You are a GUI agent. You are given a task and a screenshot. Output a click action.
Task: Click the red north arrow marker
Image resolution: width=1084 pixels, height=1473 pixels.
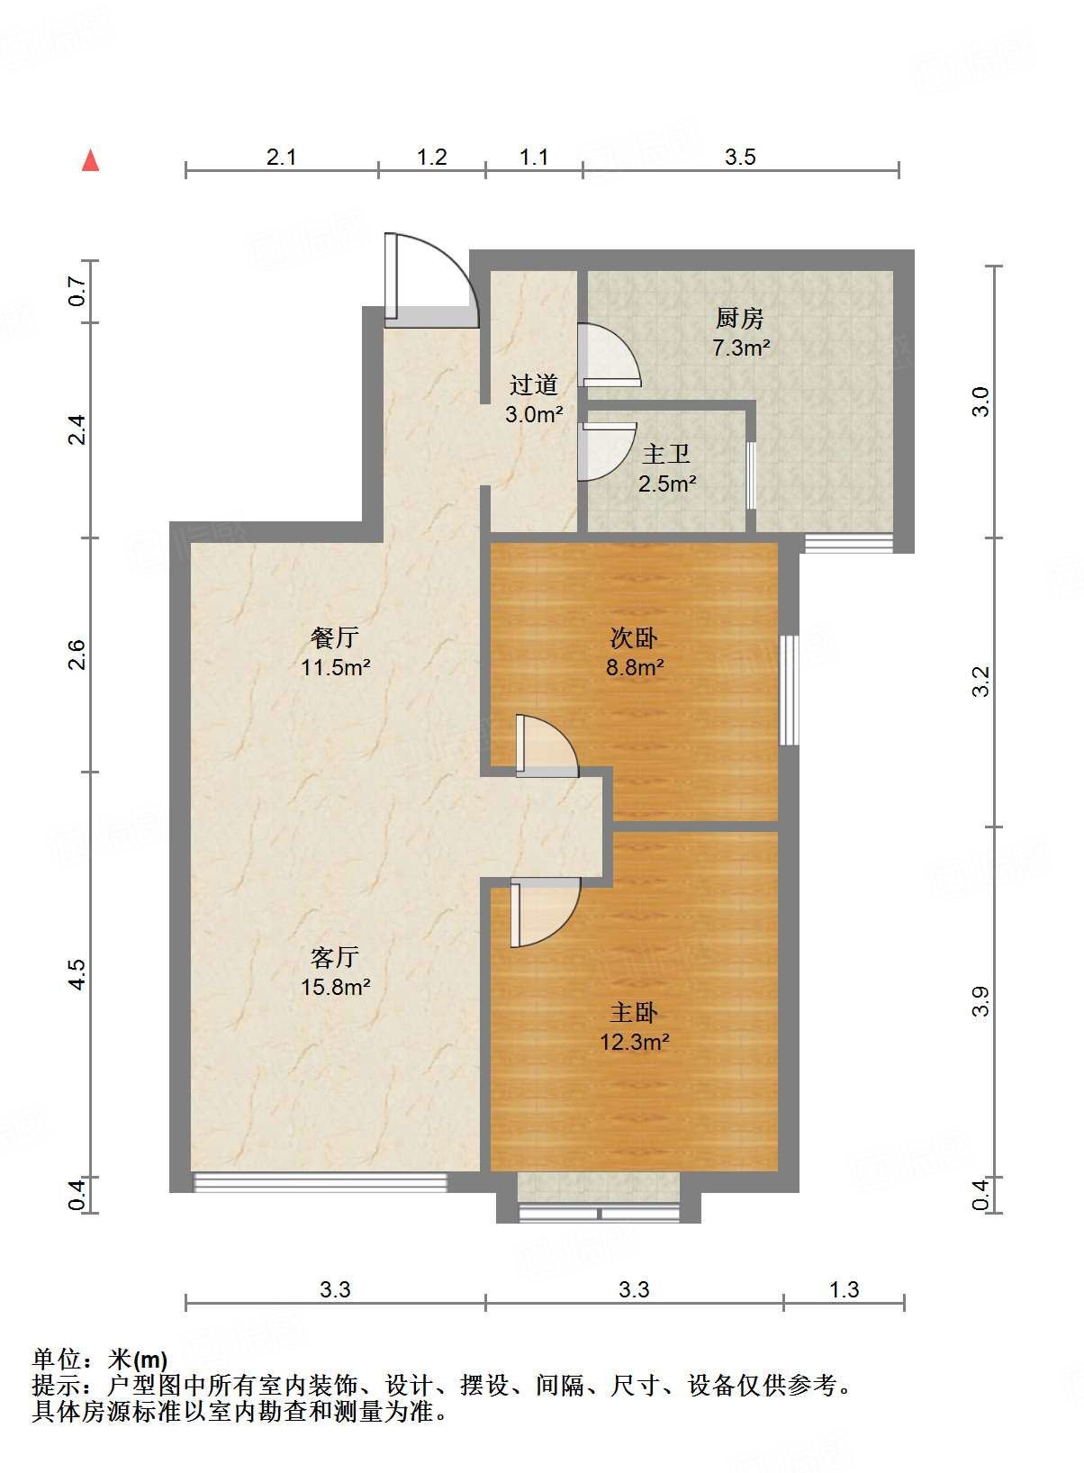click(90, 160)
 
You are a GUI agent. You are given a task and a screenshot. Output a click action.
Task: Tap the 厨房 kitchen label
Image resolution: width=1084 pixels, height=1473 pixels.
click(739, 318)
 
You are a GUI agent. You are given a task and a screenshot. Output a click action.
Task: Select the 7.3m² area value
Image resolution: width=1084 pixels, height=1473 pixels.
click(741, 348)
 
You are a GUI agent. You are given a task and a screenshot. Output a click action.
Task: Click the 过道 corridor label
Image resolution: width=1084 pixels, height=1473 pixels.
click(534, 385)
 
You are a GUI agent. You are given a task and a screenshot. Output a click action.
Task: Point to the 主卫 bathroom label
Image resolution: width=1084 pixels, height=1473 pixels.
click(666, 454)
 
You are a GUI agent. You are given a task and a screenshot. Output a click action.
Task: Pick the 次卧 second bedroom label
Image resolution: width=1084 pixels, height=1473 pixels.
click(634, 638)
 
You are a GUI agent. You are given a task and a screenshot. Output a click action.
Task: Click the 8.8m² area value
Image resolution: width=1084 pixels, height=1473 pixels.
click(635, 667)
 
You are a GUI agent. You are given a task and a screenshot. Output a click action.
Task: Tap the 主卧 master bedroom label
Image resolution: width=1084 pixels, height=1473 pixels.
click(634, 1013)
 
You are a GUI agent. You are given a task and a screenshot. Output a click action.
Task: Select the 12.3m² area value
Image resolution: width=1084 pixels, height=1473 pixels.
click(635, 1043)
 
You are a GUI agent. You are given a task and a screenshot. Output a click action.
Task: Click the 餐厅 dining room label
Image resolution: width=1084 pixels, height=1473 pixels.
click(334, 638)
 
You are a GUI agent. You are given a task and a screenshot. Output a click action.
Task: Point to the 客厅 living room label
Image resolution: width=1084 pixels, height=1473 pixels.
click(335, 956)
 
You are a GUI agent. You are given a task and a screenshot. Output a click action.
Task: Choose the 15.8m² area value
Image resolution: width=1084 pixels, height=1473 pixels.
click(336, 987)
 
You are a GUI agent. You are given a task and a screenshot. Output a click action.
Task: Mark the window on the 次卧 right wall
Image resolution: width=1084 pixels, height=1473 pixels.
click(789, 690)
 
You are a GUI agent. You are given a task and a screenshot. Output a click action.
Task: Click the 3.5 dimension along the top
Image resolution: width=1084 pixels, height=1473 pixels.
click(740, 158)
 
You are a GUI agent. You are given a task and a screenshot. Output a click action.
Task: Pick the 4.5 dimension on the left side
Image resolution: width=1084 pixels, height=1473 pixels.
click(77, 975)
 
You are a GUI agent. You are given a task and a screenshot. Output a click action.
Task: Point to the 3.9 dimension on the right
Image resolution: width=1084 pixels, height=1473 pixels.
click(981, 1001)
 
